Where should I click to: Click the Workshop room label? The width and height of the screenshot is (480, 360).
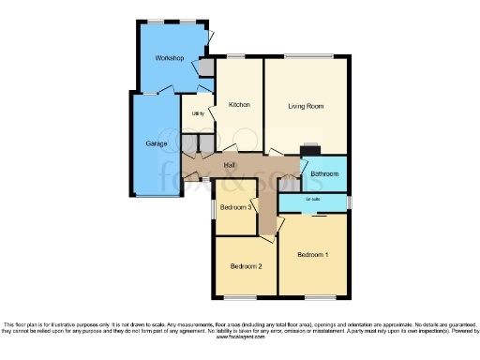(x=169, y=59)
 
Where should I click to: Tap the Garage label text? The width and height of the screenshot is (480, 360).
(x=157, y=143)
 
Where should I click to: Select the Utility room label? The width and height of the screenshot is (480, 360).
(x=198, y=113)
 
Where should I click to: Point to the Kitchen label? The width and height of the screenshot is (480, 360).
(x=240, y=105)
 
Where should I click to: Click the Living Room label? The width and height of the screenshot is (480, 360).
(x=306, y=106)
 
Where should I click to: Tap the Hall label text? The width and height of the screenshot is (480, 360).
(x=229, y=166)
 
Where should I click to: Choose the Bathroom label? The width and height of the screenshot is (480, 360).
(x=324, y=174)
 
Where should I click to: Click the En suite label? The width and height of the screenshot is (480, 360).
(x=313, y=201)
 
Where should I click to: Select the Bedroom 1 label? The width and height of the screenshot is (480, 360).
(x=313, y=255)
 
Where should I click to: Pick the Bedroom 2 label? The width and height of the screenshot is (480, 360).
(x=246, y=266)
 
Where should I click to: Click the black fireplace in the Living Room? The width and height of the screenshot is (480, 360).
(x=309, y=147)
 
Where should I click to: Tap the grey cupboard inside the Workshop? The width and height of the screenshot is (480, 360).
(x=205, y=67)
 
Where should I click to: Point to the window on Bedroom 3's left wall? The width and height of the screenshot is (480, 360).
(x=213, y=207)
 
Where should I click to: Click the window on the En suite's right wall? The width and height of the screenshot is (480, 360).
(x=350, y=202)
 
